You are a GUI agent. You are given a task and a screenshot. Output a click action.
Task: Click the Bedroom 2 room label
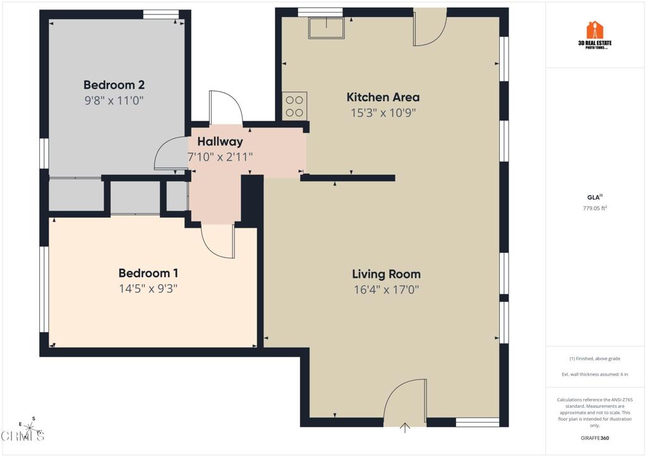(109, 85)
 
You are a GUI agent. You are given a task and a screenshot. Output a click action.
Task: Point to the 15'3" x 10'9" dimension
(383, 113)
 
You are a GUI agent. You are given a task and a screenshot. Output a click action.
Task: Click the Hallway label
(220, 142)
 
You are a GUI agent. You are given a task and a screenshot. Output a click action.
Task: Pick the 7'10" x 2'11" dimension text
(220, 157)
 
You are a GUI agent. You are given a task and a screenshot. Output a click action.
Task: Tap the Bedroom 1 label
(148, 273)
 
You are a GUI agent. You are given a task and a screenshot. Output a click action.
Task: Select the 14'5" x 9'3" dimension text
(148, 289)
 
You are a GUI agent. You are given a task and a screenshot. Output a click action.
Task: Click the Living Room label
(386, 274)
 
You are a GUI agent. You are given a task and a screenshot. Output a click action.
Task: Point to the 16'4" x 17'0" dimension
(386, 290)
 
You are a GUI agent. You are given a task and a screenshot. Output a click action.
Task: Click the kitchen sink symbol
(326, 27)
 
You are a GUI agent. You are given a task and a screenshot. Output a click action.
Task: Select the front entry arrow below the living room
(405, 429)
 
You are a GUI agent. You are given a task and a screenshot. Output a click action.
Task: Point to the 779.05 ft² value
(595, 208)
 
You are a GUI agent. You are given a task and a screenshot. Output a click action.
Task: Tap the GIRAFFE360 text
(595, 438)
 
